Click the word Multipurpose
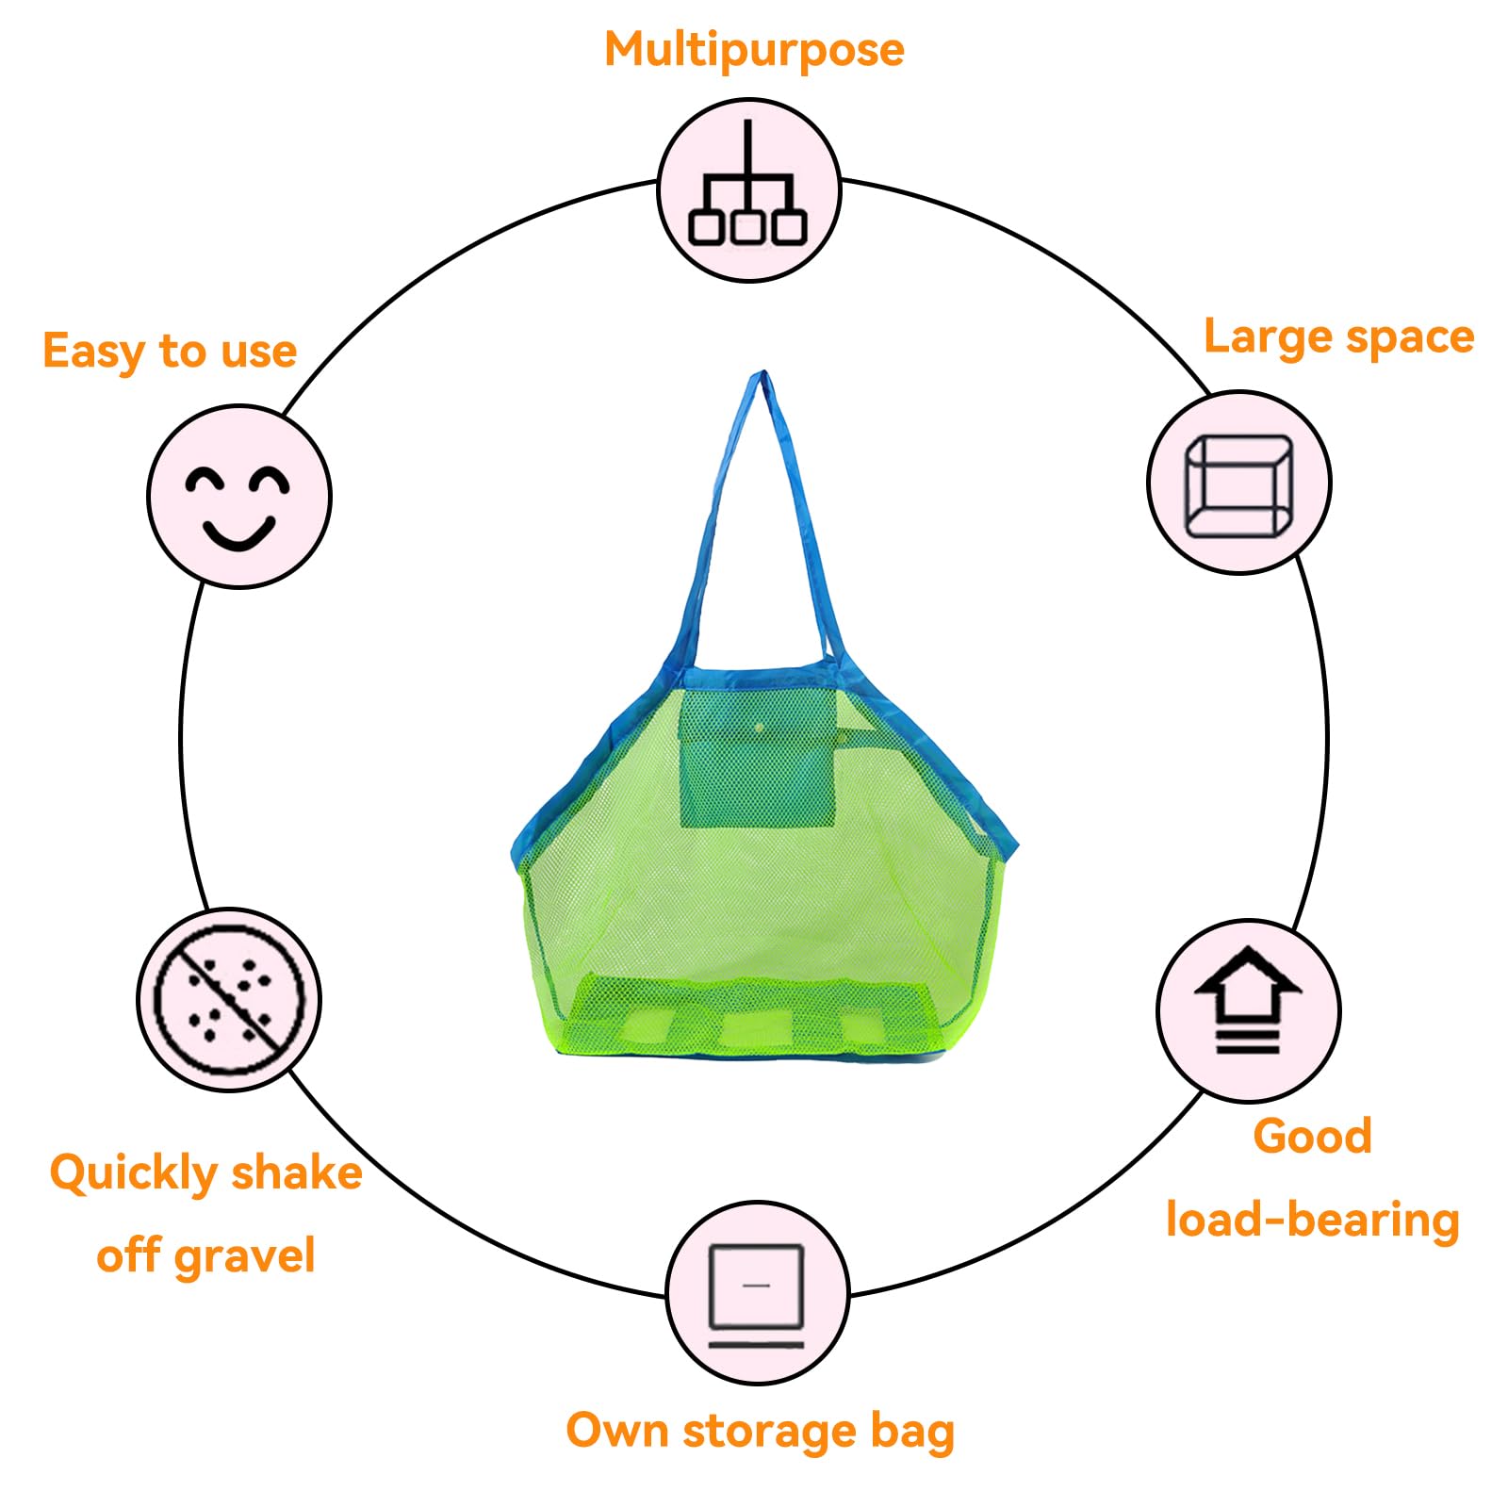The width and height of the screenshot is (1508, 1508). [754, 50]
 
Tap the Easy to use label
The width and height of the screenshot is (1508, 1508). [170, 351]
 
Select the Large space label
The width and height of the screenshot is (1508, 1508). [1339, 337]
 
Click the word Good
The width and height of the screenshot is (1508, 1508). [1312, 1136]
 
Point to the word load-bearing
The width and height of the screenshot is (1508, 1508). [1313, 1220]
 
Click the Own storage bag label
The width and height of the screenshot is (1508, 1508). [760, 1432]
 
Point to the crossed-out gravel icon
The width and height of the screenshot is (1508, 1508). [229, 999]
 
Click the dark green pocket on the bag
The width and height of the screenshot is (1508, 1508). [758, 758]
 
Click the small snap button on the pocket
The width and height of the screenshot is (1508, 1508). [760, 728]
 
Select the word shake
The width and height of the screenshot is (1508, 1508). [297, 1172]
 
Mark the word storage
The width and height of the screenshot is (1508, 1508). [769, 1432]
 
